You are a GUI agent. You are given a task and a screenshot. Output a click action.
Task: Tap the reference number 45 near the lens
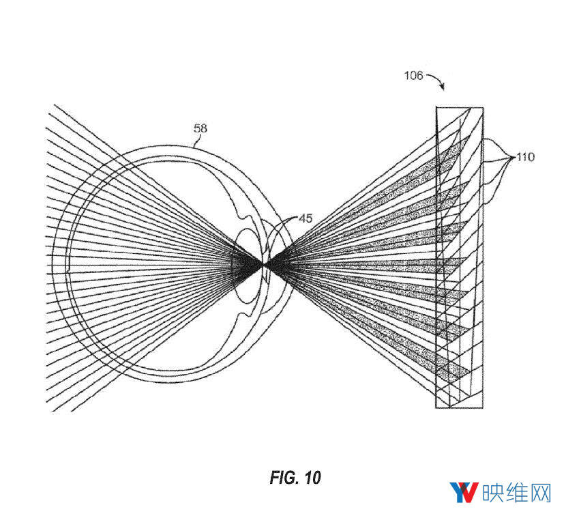click(x=306, y=218)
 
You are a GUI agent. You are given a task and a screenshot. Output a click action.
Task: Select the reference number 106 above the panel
click(x=413, y=76)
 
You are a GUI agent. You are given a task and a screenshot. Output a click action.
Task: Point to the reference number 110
click(x=525, y=157)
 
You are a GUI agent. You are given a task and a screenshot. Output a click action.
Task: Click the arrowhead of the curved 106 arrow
click(x=442, y=88)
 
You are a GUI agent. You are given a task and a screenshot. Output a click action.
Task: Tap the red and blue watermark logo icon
click(x=463, y=492)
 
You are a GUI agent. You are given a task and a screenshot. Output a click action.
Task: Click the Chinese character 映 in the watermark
click(x=492, y=493)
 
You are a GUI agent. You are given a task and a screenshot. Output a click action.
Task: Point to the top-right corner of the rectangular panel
click(x=483, y=108)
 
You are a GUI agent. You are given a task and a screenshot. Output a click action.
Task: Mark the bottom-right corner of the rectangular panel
click(x=483, y=408)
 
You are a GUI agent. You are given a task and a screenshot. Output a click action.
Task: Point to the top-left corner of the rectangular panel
click(x=436, y=108)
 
